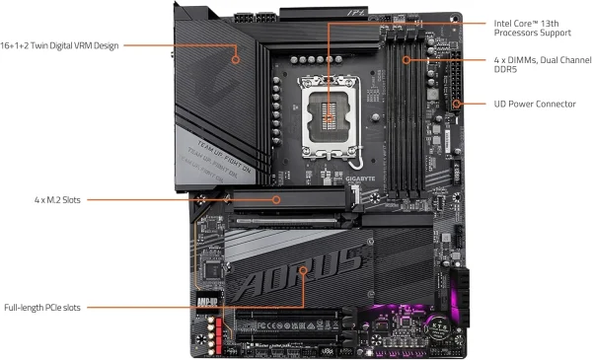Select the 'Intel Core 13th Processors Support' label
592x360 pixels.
542,28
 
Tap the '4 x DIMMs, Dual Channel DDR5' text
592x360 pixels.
542,64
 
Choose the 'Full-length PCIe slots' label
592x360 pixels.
48,307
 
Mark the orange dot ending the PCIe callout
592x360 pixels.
304,268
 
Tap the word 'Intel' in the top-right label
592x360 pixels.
502,22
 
